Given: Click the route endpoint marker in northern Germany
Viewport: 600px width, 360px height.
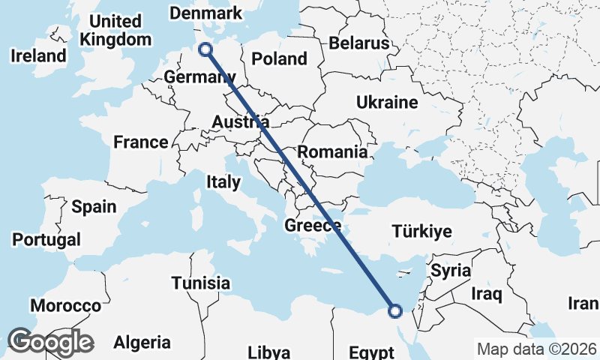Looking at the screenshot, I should pos(205,49).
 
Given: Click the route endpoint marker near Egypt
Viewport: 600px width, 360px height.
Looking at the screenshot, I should pos(394,310).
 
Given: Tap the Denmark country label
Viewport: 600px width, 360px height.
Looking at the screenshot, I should pos(205,13).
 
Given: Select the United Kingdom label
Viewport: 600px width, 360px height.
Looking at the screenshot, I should pos(114,30).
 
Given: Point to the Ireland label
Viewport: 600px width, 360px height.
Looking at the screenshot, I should pos(38,55).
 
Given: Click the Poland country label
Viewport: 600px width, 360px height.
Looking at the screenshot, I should pos(279,58).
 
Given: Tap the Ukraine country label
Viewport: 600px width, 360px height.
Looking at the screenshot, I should pos(386,102).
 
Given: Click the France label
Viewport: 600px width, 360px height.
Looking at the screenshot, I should pos(140,142).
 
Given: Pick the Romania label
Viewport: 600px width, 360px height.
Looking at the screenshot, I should pos(332,152).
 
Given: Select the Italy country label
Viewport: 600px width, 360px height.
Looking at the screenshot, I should pos(223,181).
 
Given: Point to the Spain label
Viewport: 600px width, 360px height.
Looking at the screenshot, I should pos(94,206).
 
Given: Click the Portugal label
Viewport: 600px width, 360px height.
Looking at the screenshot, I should pos(46,240).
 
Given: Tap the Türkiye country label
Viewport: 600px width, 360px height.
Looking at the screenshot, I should pos(421,231).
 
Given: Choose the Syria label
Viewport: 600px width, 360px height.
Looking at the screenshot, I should pos(451,269).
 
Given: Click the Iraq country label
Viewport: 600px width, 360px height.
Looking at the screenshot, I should pos(486,293).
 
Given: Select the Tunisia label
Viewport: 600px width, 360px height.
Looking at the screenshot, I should pos(200,283).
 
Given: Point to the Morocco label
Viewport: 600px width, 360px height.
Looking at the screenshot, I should pos(65,306).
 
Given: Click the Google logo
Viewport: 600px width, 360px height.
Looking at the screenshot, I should pos(50,342).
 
